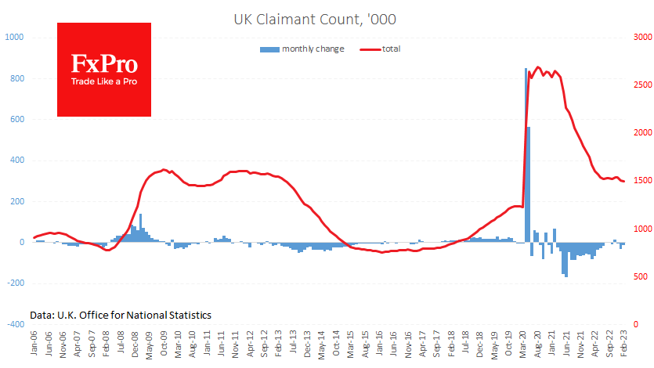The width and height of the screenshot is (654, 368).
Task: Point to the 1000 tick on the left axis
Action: [15, 38]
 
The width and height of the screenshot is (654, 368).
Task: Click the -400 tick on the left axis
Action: [15, 324]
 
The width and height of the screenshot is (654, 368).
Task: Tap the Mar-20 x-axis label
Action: [522, 347]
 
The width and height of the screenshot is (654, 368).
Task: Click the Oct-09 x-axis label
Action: [164, 347]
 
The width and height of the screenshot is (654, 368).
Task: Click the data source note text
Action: [121, 314]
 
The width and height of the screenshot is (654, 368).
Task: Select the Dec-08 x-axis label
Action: [135, 347]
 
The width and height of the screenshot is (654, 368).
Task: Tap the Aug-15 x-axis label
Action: [365, 347]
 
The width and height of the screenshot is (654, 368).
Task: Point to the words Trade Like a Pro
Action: [103, 81]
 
